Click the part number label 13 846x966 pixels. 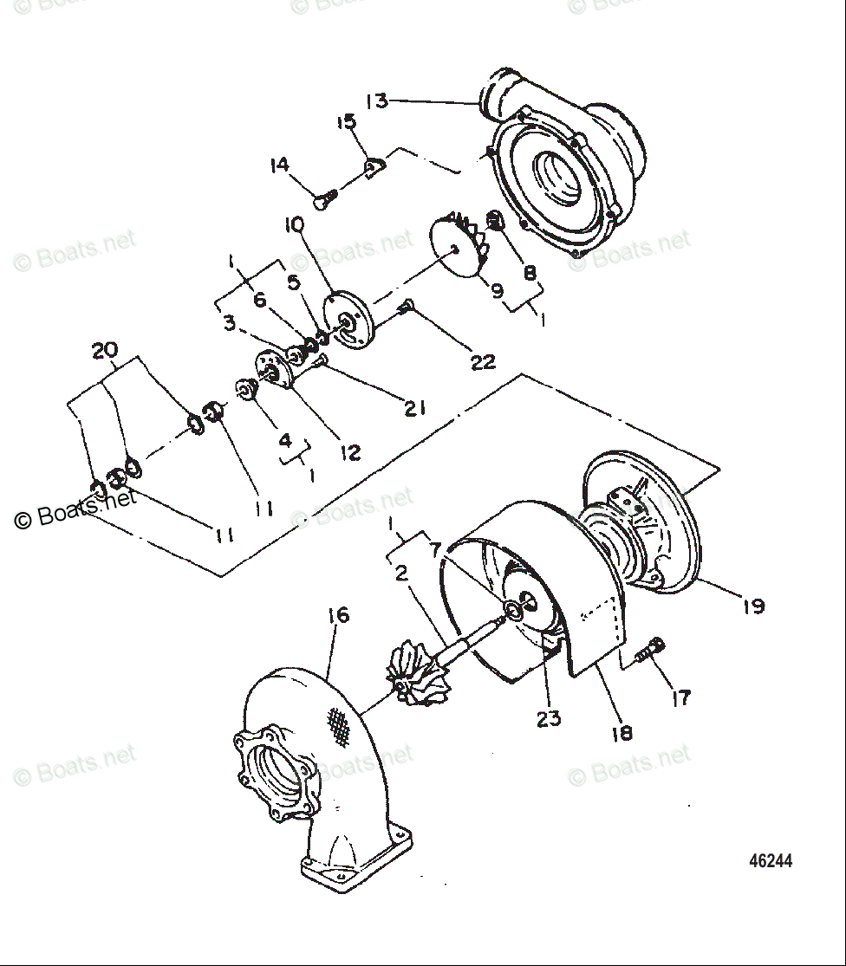click(377, 100)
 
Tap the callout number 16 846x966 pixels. click(338, 615)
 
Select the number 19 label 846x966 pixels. click(753, 606)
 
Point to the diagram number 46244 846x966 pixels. click(771, 861)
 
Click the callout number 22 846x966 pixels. click(482, 361)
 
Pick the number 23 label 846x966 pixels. click(549, 718)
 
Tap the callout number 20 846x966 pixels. click(104, 350)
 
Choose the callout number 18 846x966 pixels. click(621, 733)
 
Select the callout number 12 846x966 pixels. click(350, 451)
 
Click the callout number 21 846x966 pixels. click(415, 407)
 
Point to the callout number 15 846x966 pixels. click(347, 121)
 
